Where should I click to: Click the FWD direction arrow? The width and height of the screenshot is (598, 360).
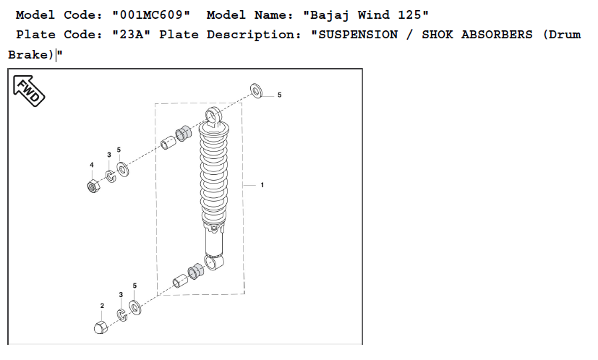(29, 91)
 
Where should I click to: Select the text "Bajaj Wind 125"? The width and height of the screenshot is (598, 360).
(366, 15)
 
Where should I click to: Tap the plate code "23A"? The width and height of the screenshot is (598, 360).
(131, 35)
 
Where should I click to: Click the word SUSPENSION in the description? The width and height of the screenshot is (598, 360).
(358, 35)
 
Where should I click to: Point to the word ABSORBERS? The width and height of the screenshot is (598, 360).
(497, 35)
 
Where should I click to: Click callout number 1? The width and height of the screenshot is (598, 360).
(262, 185)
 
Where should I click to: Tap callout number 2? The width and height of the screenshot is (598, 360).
(102, 306)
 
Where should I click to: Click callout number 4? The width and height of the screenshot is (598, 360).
(92, 165)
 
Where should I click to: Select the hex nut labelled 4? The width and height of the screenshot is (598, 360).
(93, 186)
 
